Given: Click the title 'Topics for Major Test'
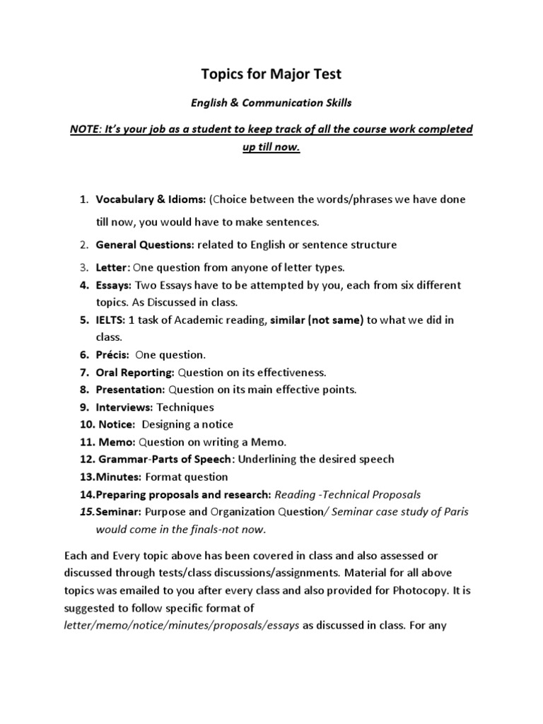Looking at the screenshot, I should click(x=272, y=75).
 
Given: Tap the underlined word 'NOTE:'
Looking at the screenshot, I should click(x=85, y=129).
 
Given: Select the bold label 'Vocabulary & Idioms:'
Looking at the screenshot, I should click(x=151, y=199).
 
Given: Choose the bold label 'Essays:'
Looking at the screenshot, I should click(x=114, y=285).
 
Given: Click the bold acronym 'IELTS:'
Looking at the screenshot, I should click(x=112, y=320).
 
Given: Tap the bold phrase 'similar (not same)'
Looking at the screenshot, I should click(x=317, y=320).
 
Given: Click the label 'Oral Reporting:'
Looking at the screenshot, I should click(x=135, y=372).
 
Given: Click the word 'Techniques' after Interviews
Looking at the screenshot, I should click(x=185, y=407).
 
